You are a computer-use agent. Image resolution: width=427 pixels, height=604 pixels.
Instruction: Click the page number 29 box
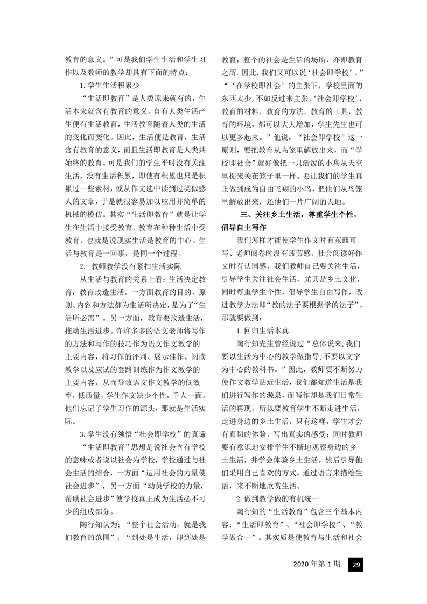(x=356, y=565)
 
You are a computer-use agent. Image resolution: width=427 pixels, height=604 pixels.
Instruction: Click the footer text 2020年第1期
(x=317, y=565)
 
